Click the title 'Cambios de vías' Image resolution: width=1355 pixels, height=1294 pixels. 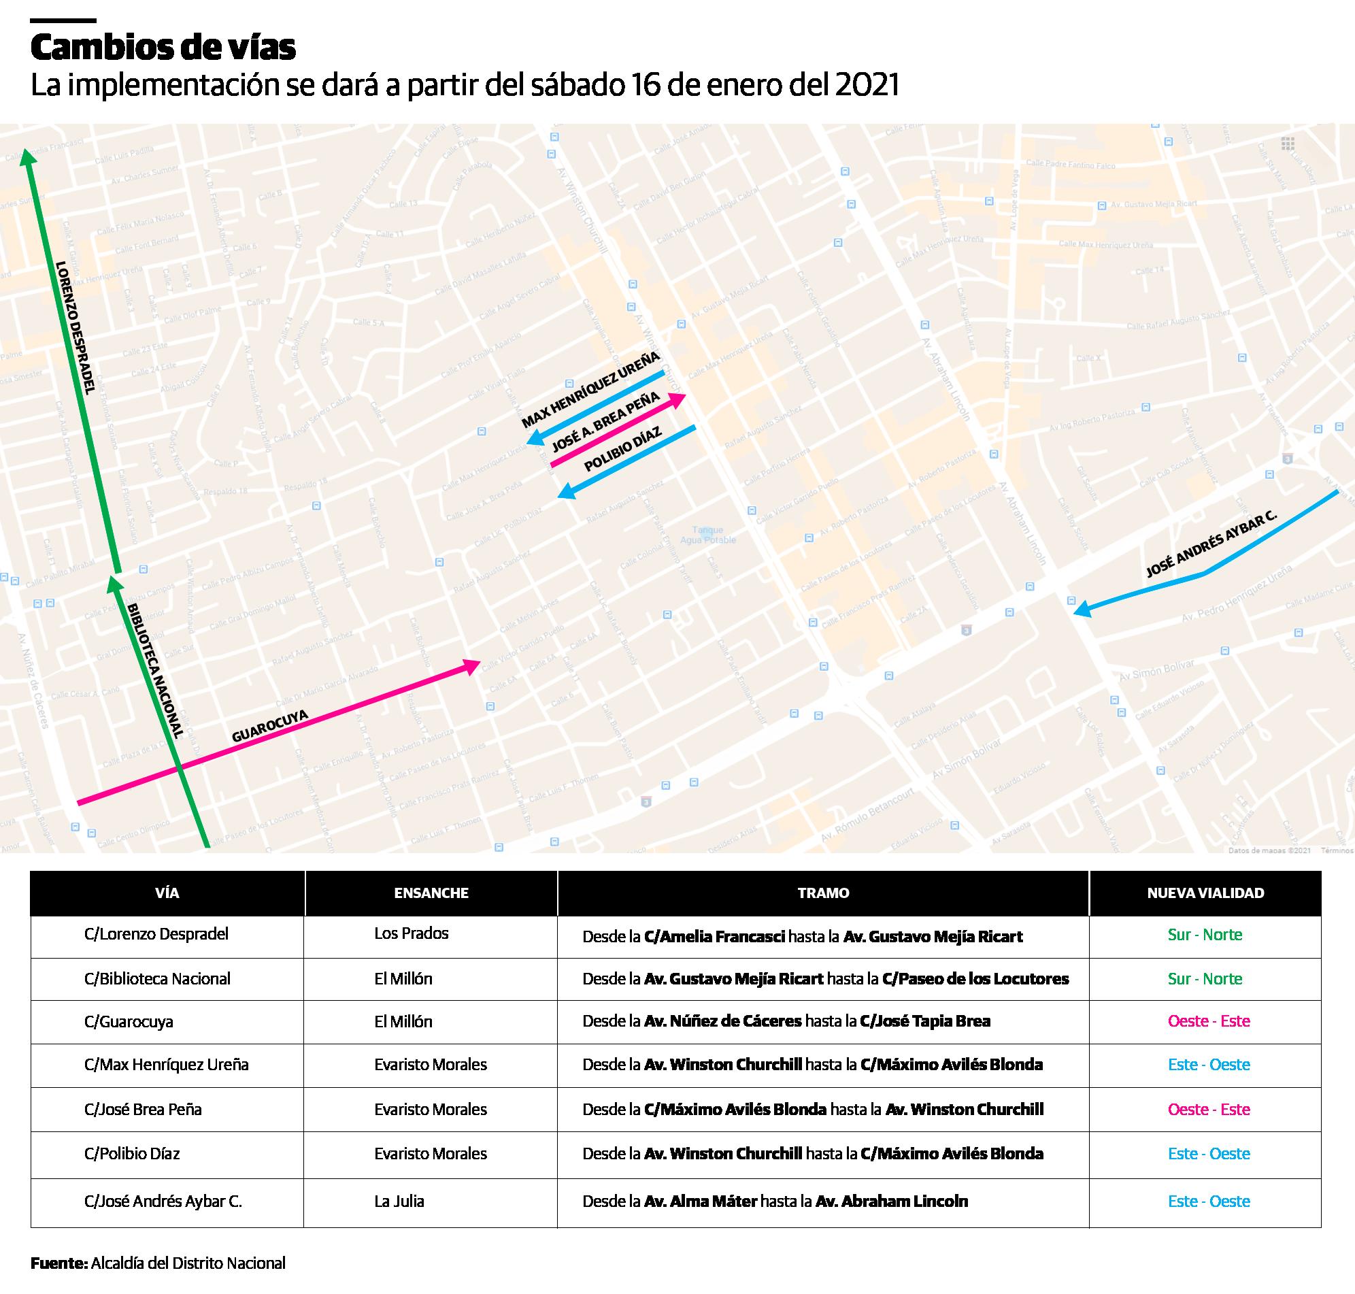click(163, 48)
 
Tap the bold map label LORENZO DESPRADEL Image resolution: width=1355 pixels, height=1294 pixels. click(74, 327)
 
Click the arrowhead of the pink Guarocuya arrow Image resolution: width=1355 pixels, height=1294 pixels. click(472, 665)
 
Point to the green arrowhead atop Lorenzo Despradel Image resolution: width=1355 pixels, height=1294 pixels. click(27, 157)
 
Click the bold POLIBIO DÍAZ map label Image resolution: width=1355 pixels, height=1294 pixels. click(622, 449)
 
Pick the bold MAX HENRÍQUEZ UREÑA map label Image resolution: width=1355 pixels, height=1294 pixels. click(590, 389)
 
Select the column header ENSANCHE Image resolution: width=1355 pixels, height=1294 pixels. click(431, 893)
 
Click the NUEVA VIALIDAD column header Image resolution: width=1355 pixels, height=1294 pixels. click(1205, 893)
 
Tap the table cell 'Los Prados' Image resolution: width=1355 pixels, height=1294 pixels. click(411, 933)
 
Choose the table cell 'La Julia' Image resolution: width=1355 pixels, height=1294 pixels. click(399, 1201)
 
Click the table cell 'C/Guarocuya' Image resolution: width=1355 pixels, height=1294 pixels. click(129, 1022)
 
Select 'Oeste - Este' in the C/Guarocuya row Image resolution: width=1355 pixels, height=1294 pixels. click(1208, 1021)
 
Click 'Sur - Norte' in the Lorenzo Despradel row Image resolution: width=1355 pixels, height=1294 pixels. click(1205, 935)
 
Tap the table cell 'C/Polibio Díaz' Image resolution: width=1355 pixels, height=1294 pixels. click(132, 1153)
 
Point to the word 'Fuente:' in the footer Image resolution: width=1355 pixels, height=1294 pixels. click(59, 1263)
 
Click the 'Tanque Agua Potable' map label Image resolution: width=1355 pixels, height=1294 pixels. click(707, 535)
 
